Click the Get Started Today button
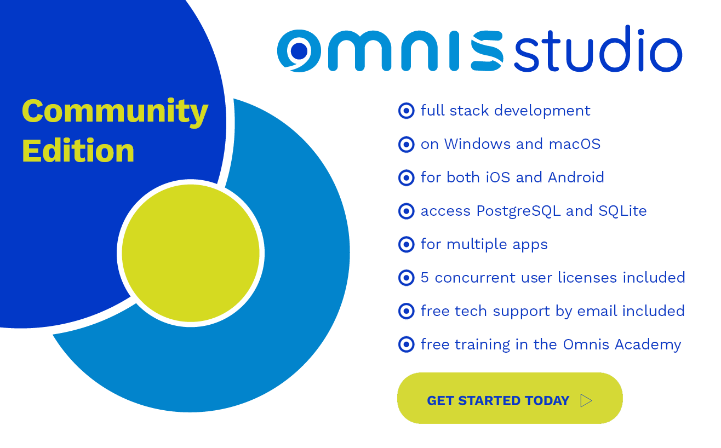point(509,399)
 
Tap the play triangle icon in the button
point(586,401)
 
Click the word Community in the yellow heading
point(115,111)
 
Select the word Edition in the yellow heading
point(78,151)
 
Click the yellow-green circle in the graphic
point(191,253)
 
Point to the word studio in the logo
point(597,50)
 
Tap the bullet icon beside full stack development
point(406,111)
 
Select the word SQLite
point(622,211)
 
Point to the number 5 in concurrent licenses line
point(425,278)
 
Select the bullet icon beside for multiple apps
point(406,244)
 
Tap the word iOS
point(498,177)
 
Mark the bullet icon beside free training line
point(406,344)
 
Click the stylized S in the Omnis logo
point(487,51)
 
